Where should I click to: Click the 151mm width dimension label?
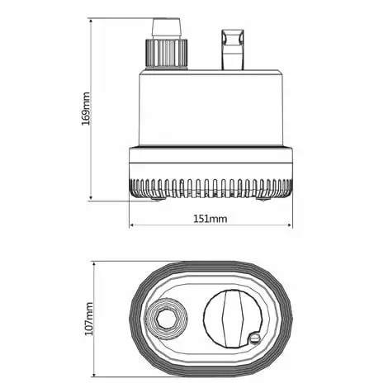pyautogui.click(x=211, y=219)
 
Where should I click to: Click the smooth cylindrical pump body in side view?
pyautogui.click(x=211, y=107)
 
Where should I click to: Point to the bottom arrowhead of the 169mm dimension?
pyautogui.click(x=92, y=197)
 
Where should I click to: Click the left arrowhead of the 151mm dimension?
pyautogui.click(x=132, y=226)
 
